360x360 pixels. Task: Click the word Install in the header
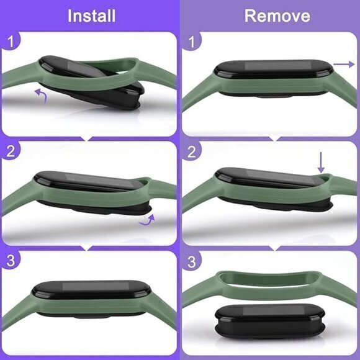pos(91,15)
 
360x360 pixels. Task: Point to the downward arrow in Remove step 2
pos(321,163)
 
